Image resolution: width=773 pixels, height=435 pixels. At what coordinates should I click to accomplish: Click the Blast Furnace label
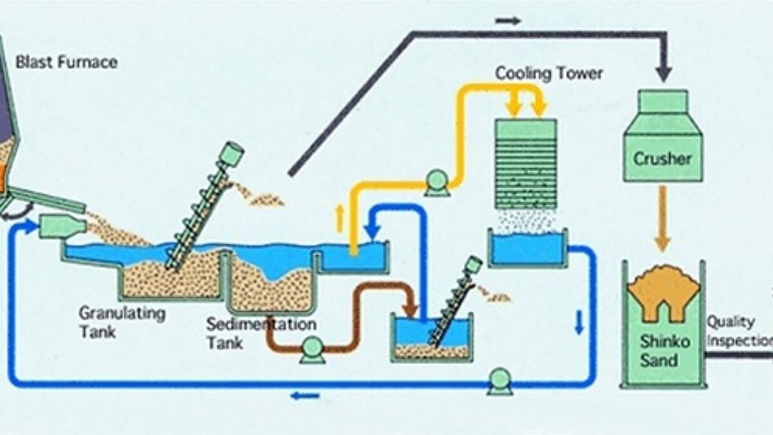click(66, 63)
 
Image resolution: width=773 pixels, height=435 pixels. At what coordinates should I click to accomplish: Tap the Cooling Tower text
click(549, 73)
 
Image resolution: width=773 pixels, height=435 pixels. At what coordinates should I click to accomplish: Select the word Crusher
click(662, 159)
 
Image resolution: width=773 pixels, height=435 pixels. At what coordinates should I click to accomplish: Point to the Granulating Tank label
click(122, 322)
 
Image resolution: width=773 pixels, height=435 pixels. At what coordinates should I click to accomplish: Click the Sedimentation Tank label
click(260, 333)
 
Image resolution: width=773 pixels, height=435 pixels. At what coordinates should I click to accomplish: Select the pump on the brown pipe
click(312, 350)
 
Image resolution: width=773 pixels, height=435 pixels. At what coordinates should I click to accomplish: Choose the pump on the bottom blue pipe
click(499, 380)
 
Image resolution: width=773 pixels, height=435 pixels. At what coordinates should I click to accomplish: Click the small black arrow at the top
click(508, 21)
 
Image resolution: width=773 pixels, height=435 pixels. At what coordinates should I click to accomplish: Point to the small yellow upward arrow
click(339, 220)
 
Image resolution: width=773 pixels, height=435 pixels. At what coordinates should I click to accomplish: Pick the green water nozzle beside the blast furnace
click(62, 227)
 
